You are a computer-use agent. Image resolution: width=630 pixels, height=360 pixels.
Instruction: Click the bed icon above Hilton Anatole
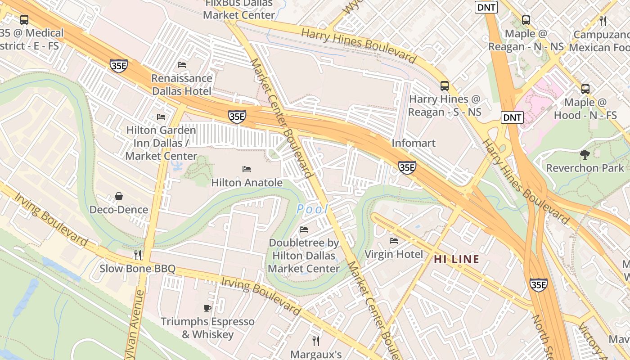[247, 169]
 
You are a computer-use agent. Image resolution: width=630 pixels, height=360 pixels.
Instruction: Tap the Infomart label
[414, 143]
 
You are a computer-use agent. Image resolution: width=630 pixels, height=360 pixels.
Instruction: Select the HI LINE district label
[456, 259]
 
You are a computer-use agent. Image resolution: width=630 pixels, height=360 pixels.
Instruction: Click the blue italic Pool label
[312, 209]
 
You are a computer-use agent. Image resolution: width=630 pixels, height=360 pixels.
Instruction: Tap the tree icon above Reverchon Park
[585, 155]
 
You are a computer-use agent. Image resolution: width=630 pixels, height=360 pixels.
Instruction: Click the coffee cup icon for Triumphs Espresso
[207, 308]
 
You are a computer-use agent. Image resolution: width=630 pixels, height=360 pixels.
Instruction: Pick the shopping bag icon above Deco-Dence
[119, 196]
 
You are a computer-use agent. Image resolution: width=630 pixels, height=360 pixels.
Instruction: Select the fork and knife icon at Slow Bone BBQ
[138, 255]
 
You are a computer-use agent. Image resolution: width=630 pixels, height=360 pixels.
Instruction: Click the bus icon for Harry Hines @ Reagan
[444, 85]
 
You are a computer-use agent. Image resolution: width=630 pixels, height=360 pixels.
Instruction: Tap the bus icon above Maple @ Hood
[585, 89]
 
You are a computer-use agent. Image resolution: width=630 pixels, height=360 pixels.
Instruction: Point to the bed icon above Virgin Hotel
[394, 241]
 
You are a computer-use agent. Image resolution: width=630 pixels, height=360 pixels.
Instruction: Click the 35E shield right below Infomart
[406, 167]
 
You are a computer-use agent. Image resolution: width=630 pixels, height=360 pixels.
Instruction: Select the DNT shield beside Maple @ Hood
[512, 118]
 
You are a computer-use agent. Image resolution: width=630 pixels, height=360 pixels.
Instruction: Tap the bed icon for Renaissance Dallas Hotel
[182, 65]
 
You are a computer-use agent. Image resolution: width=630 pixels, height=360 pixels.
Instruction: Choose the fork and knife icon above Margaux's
[316, 341]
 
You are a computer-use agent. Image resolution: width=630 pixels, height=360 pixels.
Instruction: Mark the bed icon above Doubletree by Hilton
[304, 229]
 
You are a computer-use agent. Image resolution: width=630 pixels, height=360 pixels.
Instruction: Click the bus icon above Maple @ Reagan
[526, 20]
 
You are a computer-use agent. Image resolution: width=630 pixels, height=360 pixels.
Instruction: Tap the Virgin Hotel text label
[394, 254]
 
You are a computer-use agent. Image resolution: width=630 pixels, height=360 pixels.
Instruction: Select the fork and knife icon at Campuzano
[603, 21]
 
